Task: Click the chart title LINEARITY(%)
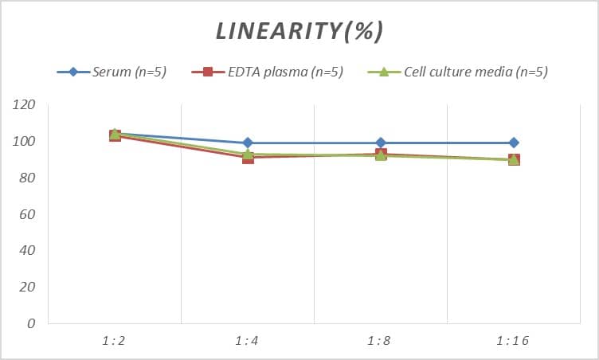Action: point(299,31)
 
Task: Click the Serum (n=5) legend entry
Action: point(127,72)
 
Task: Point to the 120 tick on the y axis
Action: point(25,104)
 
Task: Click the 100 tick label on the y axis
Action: point(25,141)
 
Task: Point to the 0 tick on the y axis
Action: point(31,323)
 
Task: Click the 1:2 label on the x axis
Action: point(115,341)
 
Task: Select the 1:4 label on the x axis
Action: point(248,341)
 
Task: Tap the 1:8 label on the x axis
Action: point(381,341)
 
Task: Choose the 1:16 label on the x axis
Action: point(514,341)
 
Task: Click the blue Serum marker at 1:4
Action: point(248,143)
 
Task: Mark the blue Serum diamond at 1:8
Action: point(381,143)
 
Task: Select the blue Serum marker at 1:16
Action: point(514,143)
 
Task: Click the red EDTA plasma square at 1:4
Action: point(248,158)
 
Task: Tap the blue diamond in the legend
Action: point(73,72)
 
